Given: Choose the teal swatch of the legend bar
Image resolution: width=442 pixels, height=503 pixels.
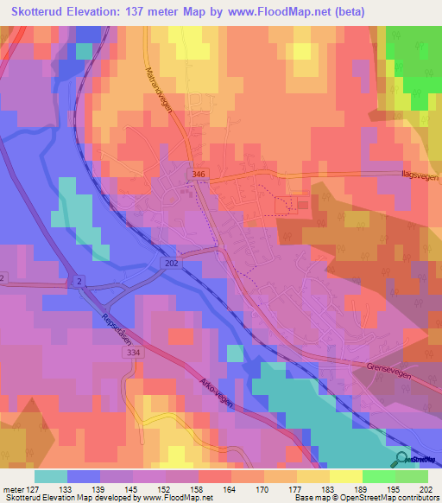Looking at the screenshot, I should pos(51,476).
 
